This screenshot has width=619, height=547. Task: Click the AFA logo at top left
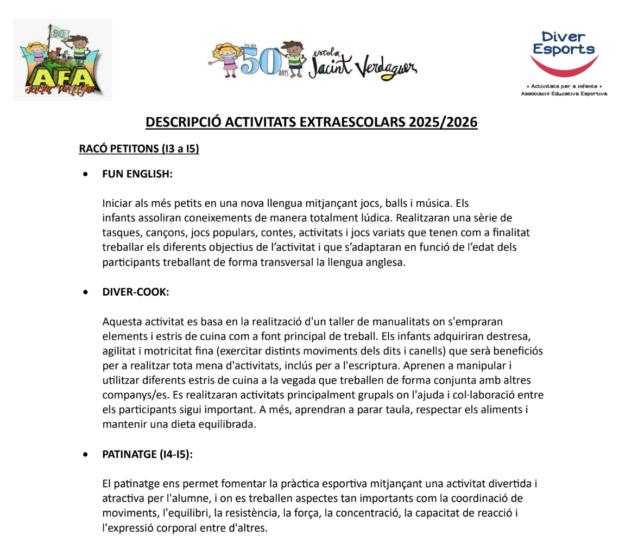(62, 60)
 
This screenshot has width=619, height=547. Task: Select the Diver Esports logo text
(564, 43)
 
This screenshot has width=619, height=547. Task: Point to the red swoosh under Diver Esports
(564, 67)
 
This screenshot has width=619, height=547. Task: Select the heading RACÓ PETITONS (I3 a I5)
(139, 148)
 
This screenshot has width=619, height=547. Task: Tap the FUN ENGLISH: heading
(137, 174)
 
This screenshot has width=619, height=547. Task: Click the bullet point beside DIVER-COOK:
(85, 292)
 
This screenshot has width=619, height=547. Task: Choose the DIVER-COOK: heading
(136, 292)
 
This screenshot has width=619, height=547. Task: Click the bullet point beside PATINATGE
(85, 455)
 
